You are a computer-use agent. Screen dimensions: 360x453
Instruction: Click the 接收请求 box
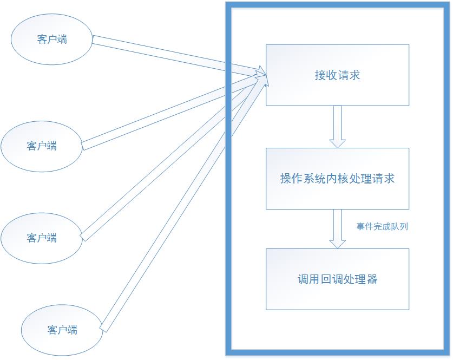pos(337,75)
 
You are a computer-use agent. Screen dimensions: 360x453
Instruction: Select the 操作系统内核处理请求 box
pos(337,178)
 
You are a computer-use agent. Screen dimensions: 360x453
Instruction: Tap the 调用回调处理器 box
pos(337,279)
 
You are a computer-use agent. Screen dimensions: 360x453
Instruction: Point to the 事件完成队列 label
pos(382,226)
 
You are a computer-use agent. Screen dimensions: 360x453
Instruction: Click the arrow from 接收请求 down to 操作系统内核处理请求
pos(338,126)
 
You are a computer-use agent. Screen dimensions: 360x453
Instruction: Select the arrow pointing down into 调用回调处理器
pos(338,228)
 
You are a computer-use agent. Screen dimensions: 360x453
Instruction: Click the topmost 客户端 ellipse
pos(52,40)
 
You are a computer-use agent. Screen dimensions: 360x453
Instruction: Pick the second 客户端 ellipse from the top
pos(42,146)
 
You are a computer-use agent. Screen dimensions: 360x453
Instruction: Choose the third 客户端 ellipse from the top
pos(42,238)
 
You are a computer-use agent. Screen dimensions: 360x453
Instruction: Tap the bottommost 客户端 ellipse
pos(62,330)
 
